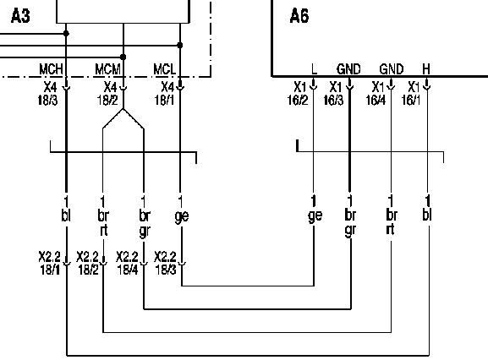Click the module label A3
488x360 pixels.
pyautogui.click(x=20, y=16)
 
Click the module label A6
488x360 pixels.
pyautogui.click(x=299, y=16)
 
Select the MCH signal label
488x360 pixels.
pyautogui.click(x=51, y=69)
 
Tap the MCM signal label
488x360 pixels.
pyautogui.click(x=107, y=69)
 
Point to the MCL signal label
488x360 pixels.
pyautogui.click(x=165, y=69)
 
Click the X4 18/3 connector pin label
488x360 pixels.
pyautogui.click(x=48, y=93)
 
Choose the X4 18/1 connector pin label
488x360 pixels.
pyautogui.click(x=165, y=93)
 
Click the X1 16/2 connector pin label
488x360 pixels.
pyautogui.click(x=298, y=93)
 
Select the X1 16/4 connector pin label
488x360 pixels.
pyautogui.click(x=376, y=93)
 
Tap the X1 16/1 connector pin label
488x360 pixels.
pyautogui.click(x=411, y=93)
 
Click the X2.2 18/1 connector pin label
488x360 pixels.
pyautogui.click(x=50, y=263)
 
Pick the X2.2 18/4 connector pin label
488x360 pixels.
pyautogui.click(x=127, y=263)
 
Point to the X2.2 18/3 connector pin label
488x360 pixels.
pyautogui.click(x=165, y=263)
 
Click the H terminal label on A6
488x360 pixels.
pyautogui.click(x=426, y=69)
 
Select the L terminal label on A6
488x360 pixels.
pyautogui.click(x=314, y=69)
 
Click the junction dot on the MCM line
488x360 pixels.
pyautogui.click(x=123, y=57)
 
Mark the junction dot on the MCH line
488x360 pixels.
pyautogui.click(x=66, y=33)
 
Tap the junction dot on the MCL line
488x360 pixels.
pyautogui.click(x=180, y=45)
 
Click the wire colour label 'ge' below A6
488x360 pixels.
pyautogui.click(x=315, y=215)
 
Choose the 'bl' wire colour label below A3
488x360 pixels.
pyautogui.click(x=66, y=215)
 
